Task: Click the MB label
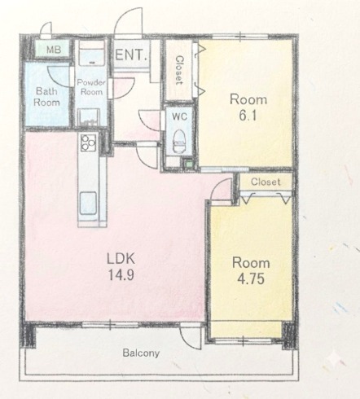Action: click(54, 50)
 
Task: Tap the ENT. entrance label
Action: click(131, 55)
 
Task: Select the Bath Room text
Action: click(46, 97)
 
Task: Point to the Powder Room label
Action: click(91, 87)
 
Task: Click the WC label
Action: click(179, 116)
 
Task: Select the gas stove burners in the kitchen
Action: click(89, 142)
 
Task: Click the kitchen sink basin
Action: click(89, 203)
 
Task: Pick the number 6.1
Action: click(248, 116)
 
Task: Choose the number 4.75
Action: click(251, 278)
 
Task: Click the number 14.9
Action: click(121, 275)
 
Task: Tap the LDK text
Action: click(121, 258)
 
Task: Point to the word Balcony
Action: click(141, 353)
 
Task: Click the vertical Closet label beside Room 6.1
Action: click(179, 70)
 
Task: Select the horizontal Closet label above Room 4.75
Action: click(266, 182)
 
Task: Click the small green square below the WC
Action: click(188, 164)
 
